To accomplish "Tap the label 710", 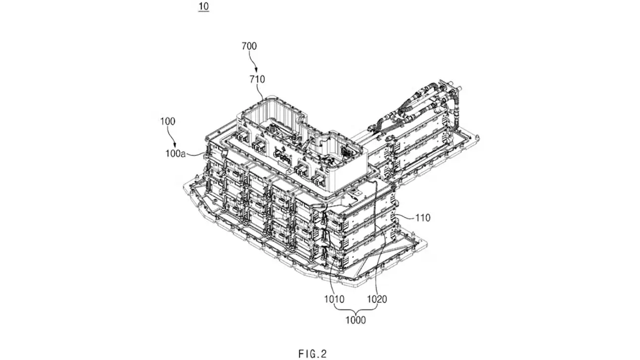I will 257,79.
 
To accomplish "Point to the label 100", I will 167,120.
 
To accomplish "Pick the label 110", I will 423,217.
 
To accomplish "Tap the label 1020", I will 377,299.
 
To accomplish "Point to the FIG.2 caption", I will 313,354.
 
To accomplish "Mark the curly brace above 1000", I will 356,309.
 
